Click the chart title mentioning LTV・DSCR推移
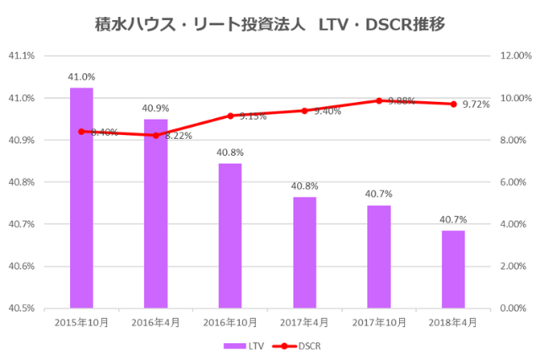270,25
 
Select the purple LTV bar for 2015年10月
82,198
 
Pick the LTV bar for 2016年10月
230,235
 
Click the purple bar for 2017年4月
305,252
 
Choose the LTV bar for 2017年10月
379,256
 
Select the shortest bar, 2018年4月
453,269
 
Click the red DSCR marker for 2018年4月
453,104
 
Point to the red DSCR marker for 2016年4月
156,135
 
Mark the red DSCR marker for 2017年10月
379,100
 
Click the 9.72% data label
477,105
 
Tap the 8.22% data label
178,136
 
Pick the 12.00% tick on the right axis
513,56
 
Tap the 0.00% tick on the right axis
513,308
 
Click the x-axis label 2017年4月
305,322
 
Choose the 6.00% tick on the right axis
513,182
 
